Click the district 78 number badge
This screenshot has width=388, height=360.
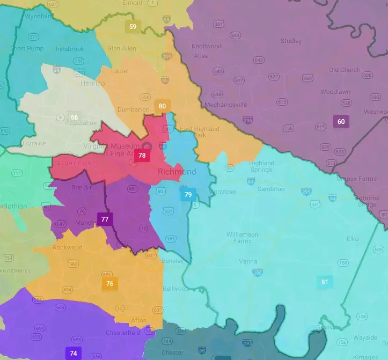click(142, 156)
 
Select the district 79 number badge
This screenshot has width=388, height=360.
click(188, 195)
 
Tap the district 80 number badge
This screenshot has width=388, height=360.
click(162, 106)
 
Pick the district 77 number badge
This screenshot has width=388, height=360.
click(105, 219)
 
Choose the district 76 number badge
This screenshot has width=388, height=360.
click(109, 284)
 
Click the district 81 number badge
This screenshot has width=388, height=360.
click(324, 282)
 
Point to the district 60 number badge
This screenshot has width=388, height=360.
click(341, 122)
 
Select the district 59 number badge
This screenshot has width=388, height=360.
click(133, 26)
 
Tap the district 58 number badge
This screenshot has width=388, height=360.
click(74, 117)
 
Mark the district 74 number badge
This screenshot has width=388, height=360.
click(73, 353)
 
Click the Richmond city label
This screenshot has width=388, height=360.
click(177, 172)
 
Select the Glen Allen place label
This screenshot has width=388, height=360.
click(121, 48)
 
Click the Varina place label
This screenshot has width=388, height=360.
click(248, 261)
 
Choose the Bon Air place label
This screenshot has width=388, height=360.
click(82, 187)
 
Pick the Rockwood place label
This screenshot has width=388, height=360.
click(68, 247)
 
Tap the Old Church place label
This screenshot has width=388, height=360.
click(345, 70)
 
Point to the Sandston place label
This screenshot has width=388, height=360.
click(271, 189)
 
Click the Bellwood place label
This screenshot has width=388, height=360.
click(175, 289)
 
